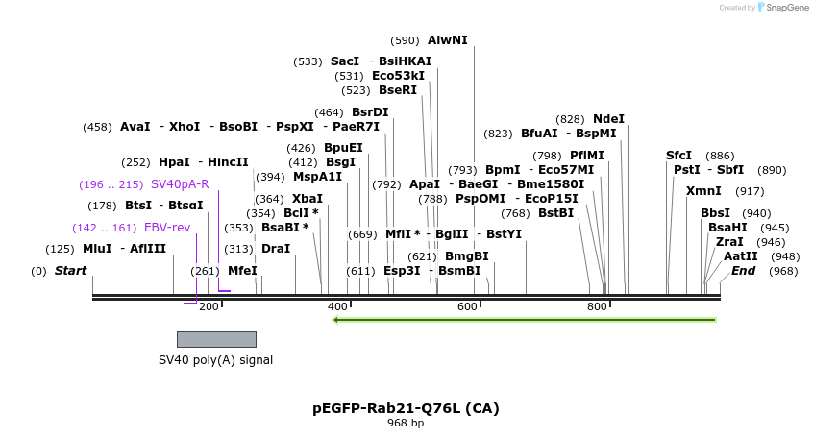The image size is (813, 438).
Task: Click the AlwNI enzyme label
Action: click(448, 40)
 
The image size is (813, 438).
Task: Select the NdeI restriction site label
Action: click(608, 119)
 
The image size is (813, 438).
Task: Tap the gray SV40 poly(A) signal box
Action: click(216, 339)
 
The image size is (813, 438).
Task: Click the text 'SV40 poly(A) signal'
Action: click(215, 360)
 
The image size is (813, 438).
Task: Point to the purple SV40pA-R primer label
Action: click(180, 184)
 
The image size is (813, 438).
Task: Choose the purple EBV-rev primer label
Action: click(167, 228)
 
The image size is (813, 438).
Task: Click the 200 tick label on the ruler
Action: click(209, 306)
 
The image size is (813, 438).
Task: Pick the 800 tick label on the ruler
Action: click(597, 306)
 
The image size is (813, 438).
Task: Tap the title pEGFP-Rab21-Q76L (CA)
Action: click(406, 408)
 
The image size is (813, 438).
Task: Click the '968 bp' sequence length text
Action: click(406, 423)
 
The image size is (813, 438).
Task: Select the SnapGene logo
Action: click(784, 8)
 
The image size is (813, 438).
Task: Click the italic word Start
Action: click(70, 271)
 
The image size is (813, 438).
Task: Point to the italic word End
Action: click(743, 271)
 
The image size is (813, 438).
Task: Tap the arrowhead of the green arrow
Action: click(336, 320)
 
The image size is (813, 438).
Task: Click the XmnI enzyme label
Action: click(703, 191)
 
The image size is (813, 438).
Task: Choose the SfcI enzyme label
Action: click(678, 156)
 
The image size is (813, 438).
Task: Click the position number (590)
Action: click(405, 40)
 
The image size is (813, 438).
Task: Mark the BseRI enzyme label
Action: click(398, 90)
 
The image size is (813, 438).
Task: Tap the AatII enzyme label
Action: click(740, 256)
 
